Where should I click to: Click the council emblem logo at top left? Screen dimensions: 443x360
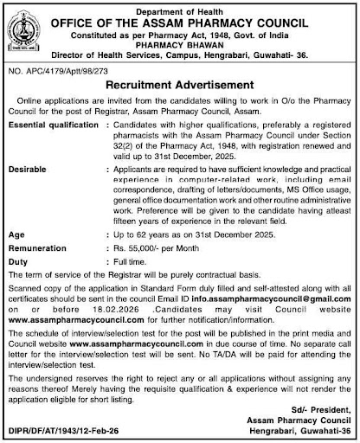(x=25, y=31)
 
